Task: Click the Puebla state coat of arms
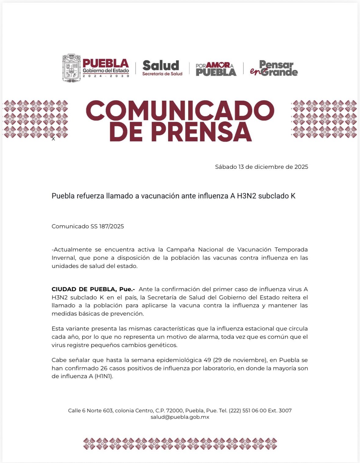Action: [71, 68]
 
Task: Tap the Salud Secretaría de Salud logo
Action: [162, 68]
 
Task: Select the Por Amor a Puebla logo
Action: [216, 69]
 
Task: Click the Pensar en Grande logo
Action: [274, 68]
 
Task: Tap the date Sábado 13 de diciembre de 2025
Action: [261, 167]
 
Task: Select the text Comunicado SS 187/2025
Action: [88, 226]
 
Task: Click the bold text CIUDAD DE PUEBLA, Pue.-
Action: [93, 289]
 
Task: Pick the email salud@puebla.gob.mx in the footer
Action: [180, 417]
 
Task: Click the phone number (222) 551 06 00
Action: [248, 411]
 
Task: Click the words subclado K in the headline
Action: [277, 196]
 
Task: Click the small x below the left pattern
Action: [53, 139]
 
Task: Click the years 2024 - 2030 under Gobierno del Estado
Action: [106, 76]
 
